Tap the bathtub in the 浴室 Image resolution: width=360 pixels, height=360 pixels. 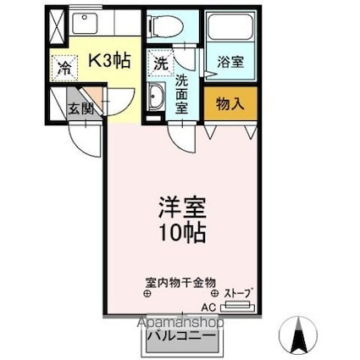tap(230, 26)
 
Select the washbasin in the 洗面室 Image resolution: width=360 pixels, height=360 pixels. tap(156, 97)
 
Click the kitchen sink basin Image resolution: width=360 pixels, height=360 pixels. tap(84, 23)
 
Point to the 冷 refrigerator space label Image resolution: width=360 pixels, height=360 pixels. tap(64, 68)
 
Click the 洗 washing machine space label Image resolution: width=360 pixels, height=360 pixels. tap(161, 64)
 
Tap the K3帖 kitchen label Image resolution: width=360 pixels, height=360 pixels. tap(109, 60)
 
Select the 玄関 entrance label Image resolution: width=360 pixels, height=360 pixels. tap(81, 108)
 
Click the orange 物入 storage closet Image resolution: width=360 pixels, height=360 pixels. tap(230, 103)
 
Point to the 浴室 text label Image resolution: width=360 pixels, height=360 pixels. tap(230, 62)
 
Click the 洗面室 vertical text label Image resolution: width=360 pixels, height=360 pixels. tap(181, 94)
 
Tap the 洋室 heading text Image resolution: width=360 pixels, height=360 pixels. tap(182, 208)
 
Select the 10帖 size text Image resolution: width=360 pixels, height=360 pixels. tap(182, 233)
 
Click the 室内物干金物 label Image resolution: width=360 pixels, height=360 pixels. tap(180, 282)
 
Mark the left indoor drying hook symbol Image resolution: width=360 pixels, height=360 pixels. tap(147, 293)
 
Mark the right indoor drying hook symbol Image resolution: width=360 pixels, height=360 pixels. tap(215, 293)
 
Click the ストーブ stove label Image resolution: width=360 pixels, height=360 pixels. tap(237, 293)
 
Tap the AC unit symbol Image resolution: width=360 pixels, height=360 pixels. tap(237, 307)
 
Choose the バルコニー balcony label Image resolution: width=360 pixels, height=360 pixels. tap(181, 336)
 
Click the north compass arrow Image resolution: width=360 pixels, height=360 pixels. tap(298, 335)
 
